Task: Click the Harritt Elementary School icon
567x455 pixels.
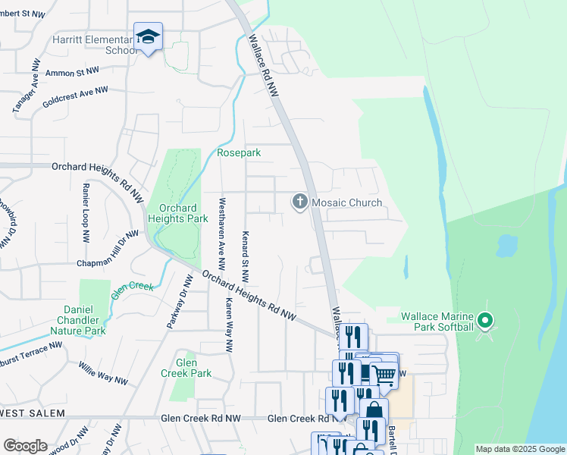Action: [148, 37]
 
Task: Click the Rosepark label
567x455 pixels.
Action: [239, 152]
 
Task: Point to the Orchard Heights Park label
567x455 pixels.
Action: [178, 213]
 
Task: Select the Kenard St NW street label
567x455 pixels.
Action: [246, 253]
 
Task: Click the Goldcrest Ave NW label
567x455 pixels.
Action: [75, 96]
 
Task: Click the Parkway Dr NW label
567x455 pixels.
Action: [176, 303]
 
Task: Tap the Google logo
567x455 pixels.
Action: [25, 446]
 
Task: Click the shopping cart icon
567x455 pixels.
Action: [385, 373]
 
